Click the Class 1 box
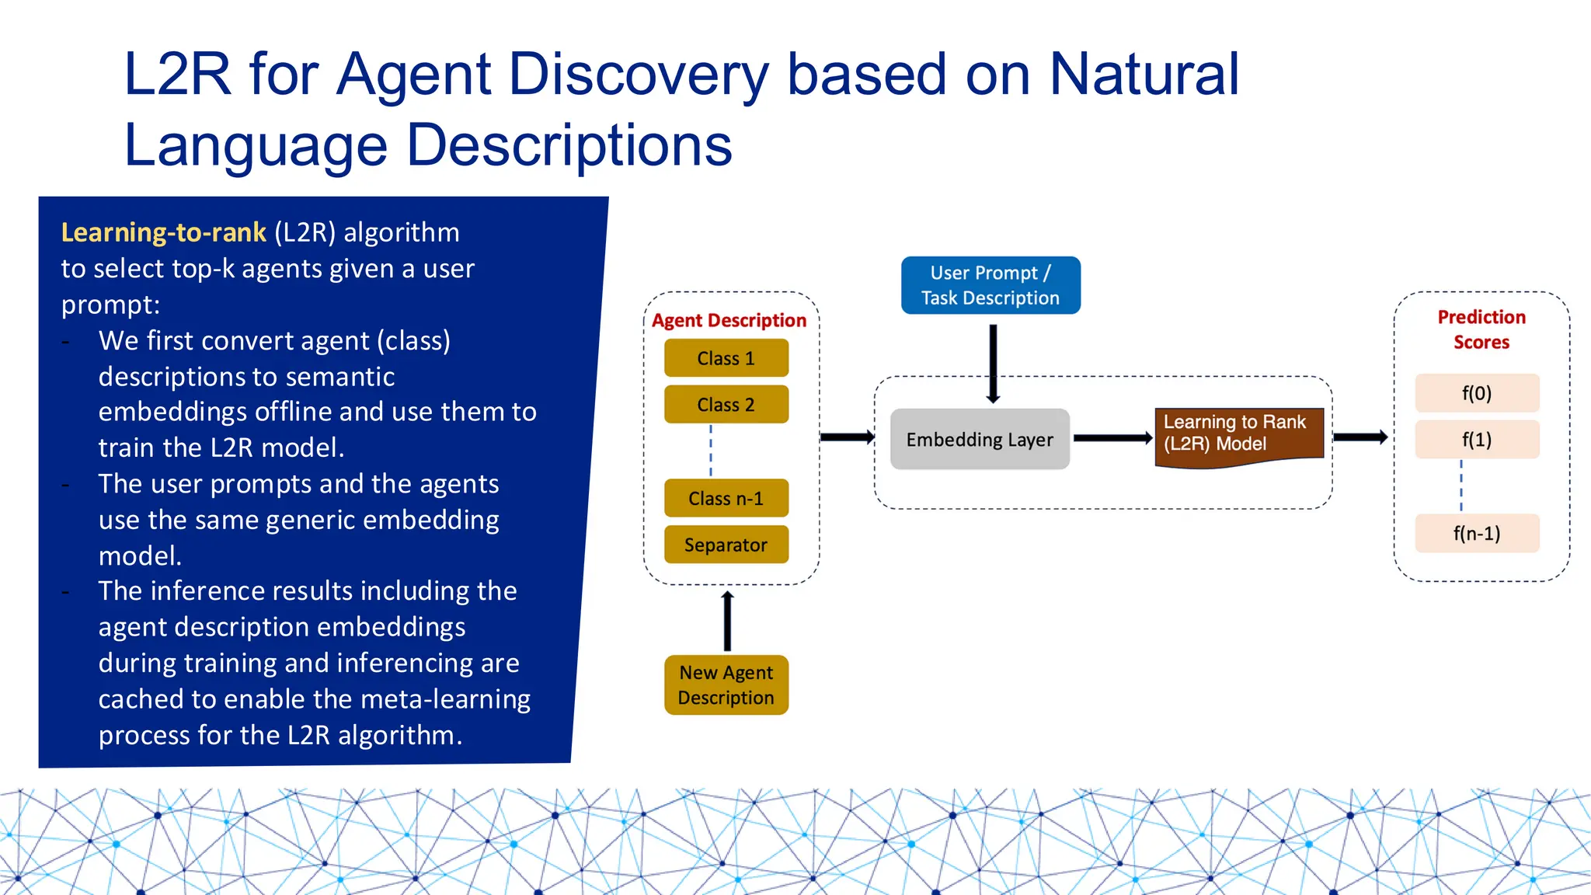[726, 358]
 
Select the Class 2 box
[726, 405]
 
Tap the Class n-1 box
[726, 498]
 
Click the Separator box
[726, 545]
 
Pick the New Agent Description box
[726, 684]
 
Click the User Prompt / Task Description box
[990, 285]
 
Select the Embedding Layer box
[979, 439]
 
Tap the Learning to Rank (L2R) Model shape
[1238, 435]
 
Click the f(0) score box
[1476, 393]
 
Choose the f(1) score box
[1476, 440]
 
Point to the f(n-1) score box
[1476, 533]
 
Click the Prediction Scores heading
[1481, 329]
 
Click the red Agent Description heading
[729, 320]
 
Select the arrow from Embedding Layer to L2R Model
[1112, 438]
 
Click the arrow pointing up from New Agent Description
[727, 621]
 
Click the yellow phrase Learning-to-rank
[163, 232]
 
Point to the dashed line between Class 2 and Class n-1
[711, 451]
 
